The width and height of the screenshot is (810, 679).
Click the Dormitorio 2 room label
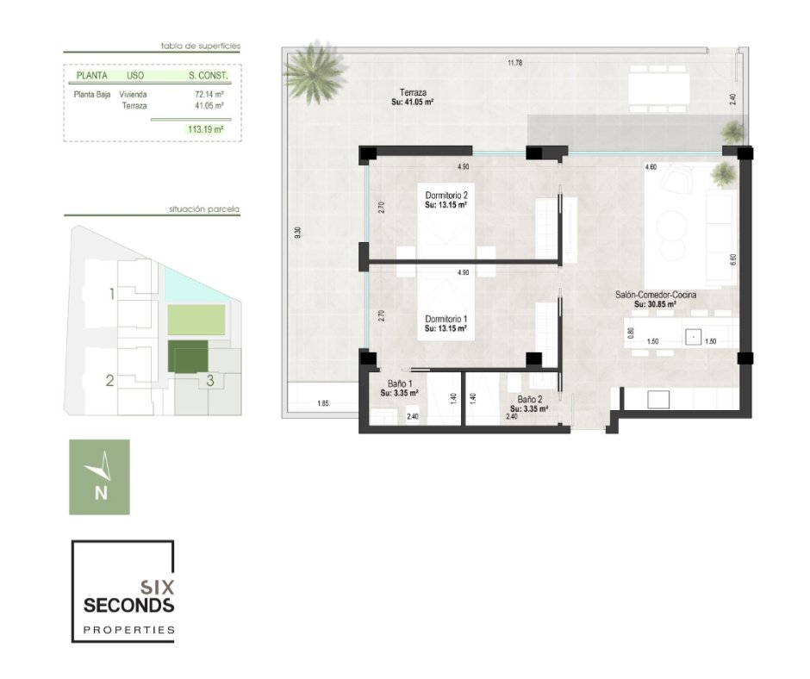pyautogui.click(x=446, y=196)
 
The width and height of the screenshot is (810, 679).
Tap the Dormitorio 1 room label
pyautogui.click(x=446, y=320)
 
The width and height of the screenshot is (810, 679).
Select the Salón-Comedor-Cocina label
pyautogui.click(x=656, y=295)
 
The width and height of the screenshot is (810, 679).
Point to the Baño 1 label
pyautogui.click(x=400, y=384)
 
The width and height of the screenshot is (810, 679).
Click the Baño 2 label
pyautogui.click(x=530, y=400)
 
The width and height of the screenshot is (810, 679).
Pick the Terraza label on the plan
pyautogui.click(x=413, y=92)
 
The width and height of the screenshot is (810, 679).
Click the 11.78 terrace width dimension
pyautogui.click(x=514, y=63)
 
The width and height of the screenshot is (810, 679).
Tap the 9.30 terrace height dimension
pyautogui.click(x=297, y=233)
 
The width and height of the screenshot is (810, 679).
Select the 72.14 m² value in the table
pyautogui.click(x=209, y=95)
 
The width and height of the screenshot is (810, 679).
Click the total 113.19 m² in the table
pyautogui.click(x=206, y=129)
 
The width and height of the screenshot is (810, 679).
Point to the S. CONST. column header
pyautogui.click(x=209, y=76)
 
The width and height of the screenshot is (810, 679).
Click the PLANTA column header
pyautogui.click(x=92, y=76)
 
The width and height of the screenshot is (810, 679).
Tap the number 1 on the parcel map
pyautogui.click(x=111, y=294)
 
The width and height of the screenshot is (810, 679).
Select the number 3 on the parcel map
pyautogui.click(x=210, y=380)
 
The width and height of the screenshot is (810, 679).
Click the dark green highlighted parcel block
pyautogui.click(x=188, y=357)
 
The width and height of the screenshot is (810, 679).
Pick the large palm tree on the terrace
pyautogui.click(x=314, y=72)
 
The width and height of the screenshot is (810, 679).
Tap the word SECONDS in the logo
pyautogui.click(x=128, y=605)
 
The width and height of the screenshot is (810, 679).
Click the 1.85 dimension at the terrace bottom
pyautogui.click(x=323, y=403)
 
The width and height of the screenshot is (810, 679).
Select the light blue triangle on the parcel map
pyautogui.click(x=196, y=284)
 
